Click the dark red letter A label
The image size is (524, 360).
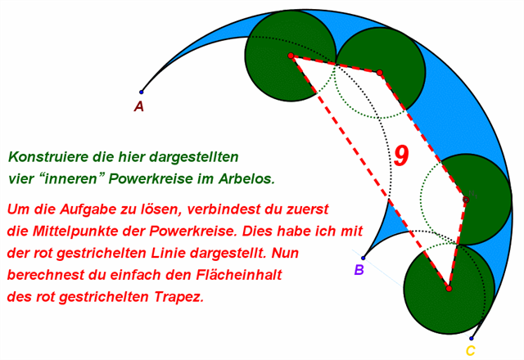[x=139, y=106]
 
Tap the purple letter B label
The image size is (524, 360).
[x=359, y=270]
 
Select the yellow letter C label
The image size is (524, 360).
[x=470, y=351]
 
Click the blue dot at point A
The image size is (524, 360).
[x=141, y=92]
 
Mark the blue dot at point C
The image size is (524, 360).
[x=472, y=338]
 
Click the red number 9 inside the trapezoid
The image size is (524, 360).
[x=400, y=155]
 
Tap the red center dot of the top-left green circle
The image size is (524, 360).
[x=291, y=56]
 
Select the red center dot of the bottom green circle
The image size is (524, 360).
[x=448, y=288]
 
